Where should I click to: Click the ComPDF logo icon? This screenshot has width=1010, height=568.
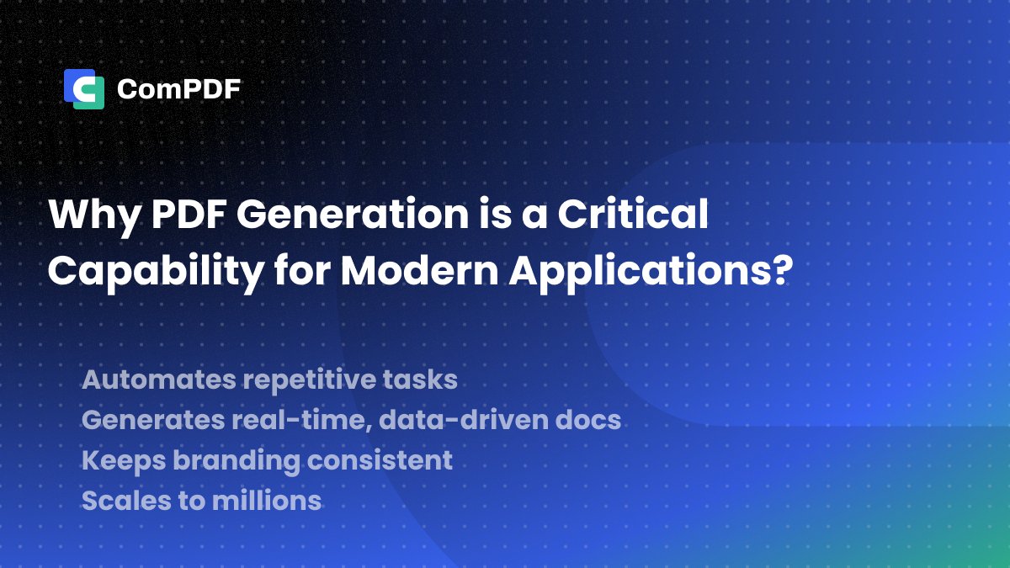coord(84,89)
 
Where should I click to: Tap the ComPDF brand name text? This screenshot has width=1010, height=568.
coord(178,89)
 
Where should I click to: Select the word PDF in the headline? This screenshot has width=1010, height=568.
coord(188,216)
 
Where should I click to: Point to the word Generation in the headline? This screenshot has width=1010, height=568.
coord(350,216)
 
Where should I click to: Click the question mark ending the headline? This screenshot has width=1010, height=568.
coord(780,271)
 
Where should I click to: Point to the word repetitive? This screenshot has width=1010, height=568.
coord(317,380)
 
